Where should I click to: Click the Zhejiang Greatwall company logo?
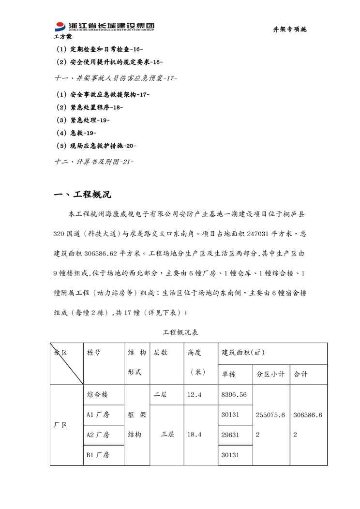(104, 27)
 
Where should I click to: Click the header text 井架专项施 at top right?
(290, 30)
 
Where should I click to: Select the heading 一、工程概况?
(83, 195)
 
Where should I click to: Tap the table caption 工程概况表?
(180, 332)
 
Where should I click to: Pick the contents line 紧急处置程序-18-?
(90, 107)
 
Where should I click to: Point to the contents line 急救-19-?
(76, 133)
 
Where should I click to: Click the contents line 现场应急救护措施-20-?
(96, 146)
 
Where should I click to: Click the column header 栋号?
(94, 353)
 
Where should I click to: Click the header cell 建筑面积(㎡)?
(243, 352)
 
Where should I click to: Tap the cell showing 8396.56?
(234, 395)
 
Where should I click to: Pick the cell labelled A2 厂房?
(98, 435)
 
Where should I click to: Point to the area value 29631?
(230, 435)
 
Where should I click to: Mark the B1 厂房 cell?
(98, 455)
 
